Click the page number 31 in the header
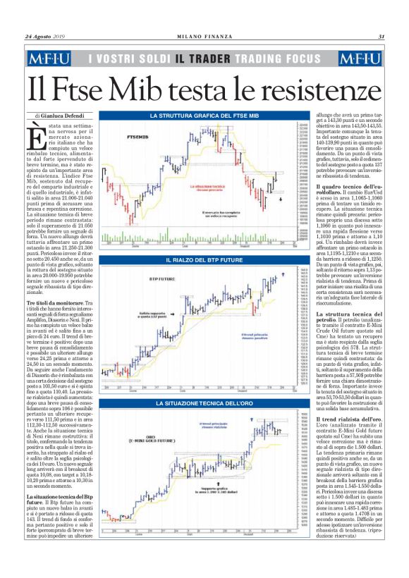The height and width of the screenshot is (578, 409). click(x=381, y=37)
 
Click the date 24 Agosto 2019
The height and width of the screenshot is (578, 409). click(x=44, y=37)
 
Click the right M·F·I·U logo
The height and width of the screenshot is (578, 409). click(x=360, y=60)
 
